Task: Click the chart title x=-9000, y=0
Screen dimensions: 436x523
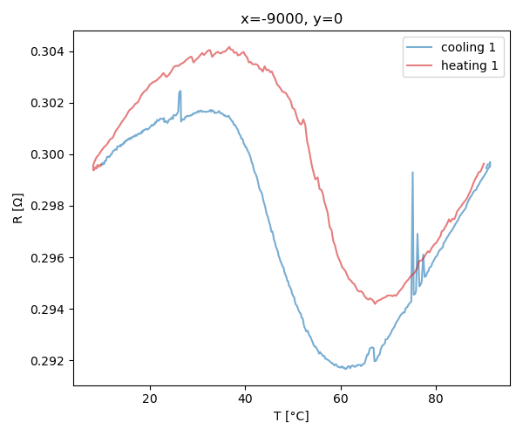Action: point(290,19)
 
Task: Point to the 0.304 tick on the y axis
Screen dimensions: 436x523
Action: point(49,52)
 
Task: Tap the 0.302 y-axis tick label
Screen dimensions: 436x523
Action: point(49,104)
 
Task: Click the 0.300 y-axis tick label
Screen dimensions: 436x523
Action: point(49,155)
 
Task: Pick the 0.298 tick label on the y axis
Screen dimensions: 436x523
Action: point(49,207)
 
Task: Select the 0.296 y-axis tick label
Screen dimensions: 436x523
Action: point(49,258)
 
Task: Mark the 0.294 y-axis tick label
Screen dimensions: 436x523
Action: point(49,310)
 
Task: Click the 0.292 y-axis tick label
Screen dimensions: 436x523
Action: point(49,361)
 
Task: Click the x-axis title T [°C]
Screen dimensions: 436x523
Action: point(290,416)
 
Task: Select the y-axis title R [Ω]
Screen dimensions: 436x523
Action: point(17,208)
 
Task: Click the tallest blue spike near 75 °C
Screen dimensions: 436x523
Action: point(412,173)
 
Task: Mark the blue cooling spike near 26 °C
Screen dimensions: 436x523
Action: point(180,92)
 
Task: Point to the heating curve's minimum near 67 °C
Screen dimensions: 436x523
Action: point(375,303)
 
